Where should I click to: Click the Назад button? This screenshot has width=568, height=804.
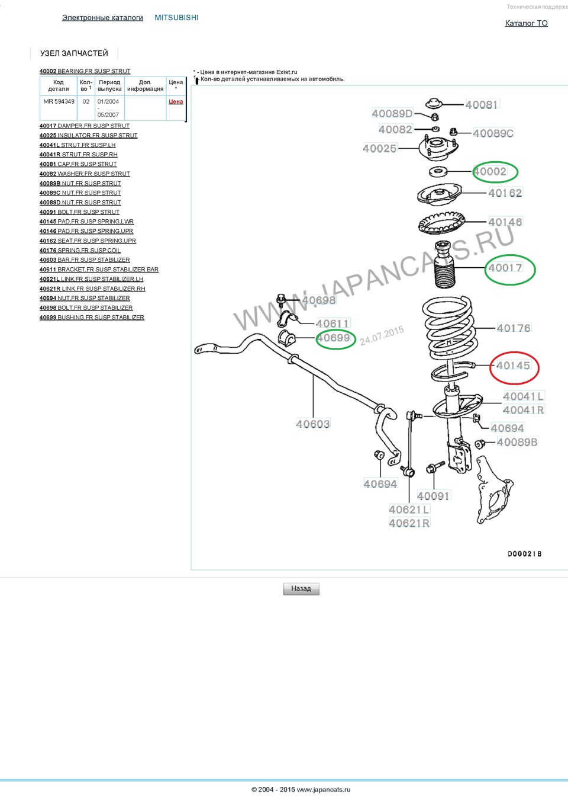coord(301,588)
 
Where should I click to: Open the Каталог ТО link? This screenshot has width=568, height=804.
coord(526,23)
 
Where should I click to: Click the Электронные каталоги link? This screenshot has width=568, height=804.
coord(102,18)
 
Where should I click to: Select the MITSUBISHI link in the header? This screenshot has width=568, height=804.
coord(176,18)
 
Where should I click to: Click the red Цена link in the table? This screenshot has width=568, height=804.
coord(176,101)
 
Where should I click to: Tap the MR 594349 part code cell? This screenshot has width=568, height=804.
coord(59,101)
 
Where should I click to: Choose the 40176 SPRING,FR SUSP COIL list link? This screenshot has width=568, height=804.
coord(80,251)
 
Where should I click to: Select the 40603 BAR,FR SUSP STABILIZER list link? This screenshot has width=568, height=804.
coord(85,260)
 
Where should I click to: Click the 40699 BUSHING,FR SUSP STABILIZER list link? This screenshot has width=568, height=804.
coord(92,318)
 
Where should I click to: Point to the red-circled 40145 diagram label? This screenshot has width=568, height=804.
coord(514,366)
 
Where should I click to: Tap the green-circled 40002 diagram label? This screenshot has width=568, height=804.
coord(490,172)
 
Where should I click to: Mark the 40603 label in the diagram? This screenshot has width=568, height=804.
coord(313,424)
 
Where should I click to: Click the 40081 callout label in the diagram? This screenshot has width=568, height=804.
coord(482,105)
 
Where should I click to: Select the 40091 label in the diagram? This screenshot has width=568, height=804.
coord(433,496)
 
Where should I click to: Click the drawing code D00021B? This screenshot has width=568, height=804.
coord(524,554)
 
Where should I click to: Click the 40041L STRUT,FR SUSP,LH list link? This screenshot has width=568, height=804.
coord(78,145)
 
